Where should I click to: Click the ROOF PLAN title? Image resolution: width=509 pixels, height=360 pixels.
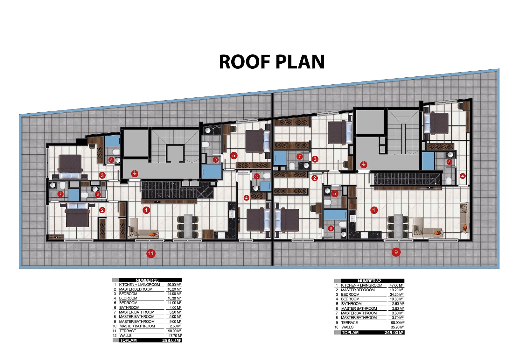tap(272, 62)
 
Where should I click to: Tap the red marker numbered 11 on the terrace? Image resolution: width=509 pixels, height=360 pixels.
tap(151, 253)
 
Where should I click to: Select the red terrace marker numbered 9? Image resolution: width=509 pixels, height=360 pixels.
tap(396, 252)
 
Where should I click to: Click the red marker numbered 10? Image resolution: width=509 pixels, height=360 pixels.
tap(256, 176)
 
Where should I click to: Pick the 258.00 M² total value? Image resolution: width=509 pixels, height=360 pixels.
tap(171, 341)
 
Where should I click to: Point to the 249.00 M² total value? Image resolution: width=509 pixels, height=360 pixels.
tap(394, 333)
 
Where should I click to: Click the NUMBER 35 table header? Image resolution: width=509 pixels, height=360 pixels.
tap(147, 280)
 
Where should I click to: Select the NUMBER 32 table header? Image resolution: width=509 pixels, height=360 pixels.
tap(369, 281)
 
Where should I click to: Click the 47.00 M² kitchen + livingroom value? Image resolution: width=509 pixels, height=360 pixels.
tap(396, 285)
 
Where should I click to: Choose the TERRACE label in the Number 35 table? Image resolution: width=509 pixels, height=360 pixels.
tap(128, 331)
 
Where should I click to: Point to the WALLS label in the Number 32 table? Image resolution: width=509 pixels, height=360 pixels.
tap(347, 327)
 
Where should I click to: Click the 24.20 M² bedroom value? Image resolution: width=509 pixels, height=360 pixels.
tap(397, 294)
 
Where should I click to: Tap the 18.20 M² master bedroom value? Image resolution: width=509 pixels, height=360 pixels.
tap(174, 289)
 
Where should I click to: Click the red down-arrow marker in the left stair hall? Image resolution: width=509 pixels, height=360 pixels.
tap(135, 173)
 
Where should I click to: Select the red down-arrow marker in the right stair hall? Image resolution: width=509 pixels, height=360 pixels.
tap(364, 164)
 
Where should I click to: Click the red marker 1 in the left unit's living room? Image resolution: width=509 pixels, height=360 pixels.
tap(146, 210)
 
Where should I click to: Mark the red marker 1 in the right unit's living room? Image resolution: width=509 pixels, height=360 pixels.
tap(374, 210)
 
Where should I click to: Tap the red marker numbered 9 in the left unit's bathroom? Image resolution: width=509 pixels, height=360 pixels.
tap(216, 160)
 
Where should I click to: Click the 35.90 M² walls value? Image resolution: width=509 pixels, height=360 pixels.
tap(397, 327)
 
